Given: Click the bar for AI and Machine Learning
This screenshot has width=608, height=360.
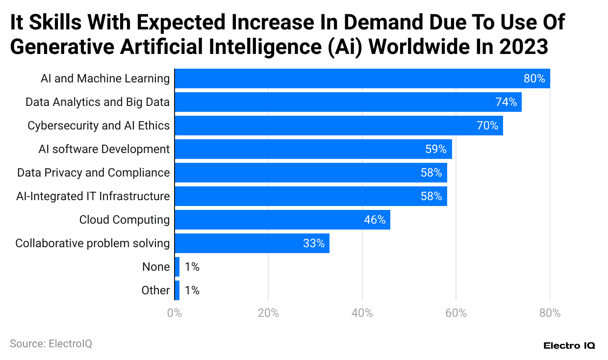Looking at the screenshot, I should click(362, 78).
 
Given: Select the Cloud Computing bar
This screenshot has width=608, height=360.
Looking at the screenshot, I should click(282, 220).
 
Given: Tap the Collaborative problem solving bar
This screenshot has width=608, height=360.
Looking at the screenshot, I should click(252, 243).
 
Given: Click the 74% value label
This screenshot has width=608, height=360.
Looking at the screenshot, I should click(506, 102).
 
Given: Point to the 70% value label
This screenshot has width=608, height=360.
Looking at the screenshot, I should click(487, 126).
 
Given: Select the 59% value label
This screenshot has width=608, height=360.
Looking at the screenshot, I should click(436, 149).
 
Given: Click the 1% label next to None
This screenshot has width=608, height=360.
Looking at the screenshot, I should click(192, 267).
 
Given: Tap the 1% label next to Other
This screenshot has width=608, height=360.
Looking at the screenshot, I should click(192, 290).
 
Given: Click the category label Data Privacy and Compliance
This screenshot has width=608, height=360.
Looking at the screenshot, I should click(93, 173).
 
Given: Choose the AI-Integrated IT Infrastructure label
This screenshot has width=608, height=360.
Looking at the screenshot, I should click(93, 196).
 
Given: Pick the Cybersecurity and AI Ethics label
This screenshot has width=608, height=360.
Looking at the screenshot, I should click(99, 126).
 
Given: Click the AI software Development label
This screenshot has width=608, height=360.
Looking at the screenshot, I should click(104, 149).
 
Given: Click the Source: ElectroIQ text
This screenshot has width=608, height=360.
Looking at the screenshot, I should click(51, 344).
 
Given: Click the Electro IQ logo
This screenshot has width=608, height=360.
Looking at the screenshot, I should click(569, 346).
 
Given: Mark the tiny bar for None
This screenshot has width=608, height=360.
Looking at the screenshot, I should click(177, 267).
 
